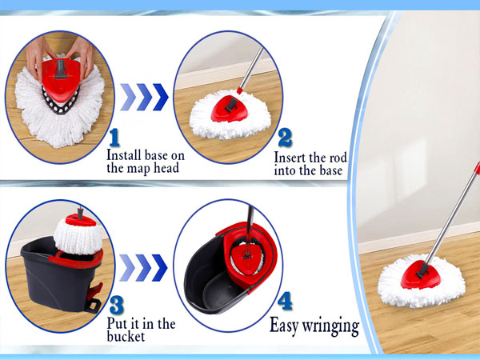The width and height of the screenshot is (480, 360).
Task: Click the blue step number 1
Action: [x=114, y=138]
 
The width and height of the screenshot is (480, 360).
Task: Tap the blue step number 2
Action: [x=285, y=138]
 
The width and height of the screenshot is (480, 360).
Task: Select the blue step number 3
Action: [x=117, y=305]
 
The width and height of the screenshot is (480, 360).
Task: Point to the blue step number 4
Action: [x=285, y=301]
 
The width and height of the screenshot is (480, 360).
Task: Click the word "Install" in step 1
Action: [x=124, y=155]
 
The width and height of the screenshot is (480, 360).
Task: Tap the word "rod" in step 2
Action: [x=338, y=158]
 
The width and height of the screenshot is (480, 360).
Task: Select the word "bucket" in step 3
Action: [x=126, y=337]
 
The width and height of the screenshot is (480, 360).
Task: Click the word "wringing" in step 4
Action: [x=330, y=326]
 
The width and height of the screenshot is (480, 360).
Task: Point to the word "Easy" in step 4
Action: [x=284, y=326]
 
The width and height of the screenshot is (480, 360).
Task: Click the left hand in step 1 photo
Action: [x=38, y=58]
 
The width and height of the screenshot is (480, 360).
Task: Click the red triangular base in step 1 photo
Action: [x=61, y=79]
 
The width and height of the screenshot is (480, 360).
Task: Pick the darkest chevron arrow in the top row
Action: [x=161, y=97]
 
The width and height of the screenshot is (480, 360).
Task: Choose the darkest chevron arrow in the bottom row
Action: [x=159, y=268]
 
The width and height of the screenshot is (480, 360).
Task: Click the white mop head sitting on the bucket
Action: [x=78, y=236]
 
